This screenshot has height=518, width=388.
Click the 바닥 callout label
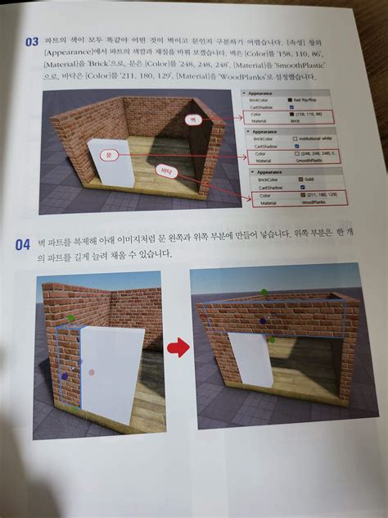[x=165, y=171]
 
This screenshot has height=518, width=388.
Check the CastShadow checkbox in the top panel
[x=290, y=107]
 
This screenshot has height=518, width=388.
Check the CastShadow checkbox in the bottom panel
[x=291, y=188]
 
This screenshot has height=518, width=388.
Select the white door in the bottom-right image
[x=249, y=361]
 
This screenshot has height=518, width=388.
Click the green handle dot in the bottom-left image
[x=72, y=318]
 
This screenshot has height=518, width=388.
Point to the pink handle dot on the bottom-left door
[x=92, y=372]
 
